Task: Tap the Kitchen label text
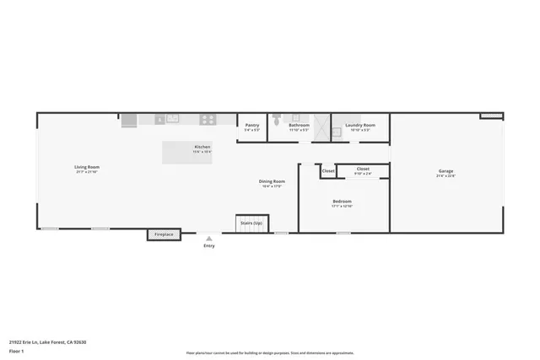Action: [202, 148]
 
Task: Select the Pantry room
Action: [252, 128]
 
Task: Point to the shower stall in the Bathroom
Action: [320, 127]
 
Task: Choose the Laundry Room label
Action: [360, 127]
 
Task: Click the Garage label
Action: [445, 174]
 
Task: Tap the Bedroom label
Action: [342, 202]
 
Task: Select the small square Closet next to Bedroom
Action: [327, 171]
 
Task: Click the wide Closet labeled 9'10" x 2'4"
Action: [363, 170]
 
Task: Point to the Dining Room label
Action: [272, 183]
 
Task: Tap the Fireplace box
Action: [164, 235]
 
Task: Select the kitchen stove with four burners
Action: [207, 120]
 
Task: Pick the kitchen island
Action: [187, 152]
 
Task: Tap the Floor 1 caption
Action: [16, 350]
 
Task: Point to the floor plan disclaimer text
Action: [270, 352]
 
